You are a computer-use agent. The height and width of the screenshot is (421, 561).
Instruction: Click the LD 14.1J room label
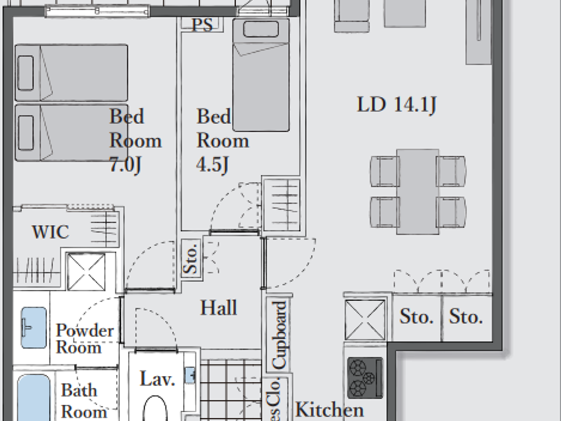(396, 105)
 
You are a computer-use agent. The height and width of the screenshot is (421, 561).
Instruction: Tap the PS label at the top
(202, 25)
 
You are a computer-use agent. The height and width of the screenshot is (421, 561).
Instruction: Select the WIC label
(50, 232)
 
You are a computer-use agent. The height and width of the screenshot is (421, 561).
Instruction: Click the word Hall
(219, 308)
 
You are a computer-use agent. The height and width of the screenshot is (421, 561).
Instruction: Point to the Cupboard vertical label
(279, 335)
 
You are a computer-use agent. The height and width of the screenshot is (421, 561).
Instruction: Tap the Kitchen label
(329, 410)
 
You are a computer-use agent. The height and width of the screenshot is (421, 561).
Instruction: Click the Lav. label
(157, 379)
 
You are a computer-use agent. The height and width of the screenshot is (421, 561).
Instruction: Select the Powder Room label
(84, 339)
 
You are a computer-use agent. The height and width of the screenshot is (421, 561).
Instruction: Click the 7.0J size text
(125, 164)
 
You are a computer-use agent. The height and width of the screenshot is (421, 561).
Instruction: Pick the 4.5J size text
(212, 164)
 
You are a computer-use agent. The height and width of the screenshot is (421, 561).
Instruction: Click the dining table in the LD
(418, 191)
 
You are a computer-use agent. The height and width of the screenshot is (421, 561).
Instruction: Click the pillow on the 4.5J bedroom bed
(261, 29)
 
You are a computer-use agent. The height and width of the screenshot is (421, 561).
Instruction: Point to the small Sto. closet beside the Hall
(191, 257)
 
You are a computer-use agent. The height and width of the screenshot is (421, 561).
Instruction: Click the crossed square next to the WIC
(86, 272)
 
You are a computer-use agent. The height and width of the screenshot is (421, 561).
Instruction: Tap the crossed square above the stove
(365, 320)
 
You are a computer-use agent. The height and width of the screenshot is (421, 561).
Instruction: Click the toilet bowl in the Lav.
(155, 409)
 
